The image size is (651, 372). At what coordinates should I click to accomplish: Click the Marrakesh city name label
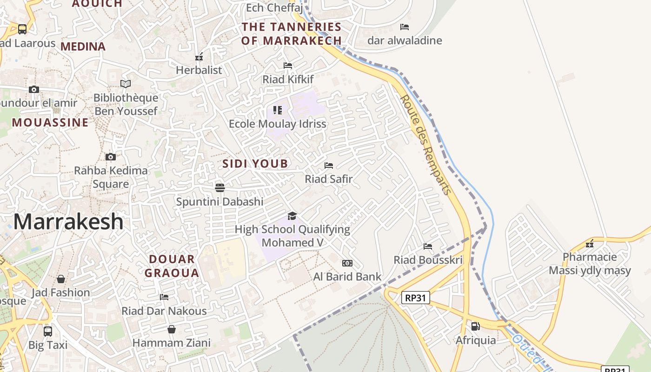tap(68, 222)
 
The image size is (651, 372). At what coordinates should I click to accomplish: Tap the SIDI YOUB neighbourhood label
tap(255, 164)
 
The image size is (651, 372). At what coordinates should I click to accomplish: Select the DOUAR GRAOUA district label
tap(172, 266)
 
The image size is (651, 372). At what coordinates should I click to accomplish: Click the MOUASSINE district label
tap(50, 123)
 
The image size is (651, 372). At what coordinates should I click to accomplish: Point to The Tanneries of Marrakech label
tap(292, 34)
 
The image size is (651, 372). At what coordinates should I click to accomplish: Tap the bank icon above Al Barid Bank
tap(347, 263)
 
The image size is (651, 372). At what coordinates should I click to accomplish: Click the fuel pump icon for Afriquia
tap(475, 326)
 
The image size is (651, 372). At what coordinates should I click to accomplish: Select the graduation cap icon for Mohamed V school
tap(292, 216)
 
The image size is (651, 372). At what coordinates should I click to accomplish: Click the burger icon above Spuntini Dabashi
tap(220, 188)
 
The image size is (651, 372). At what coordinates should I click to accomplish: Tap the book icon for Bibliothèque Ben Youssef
tap(126, 84)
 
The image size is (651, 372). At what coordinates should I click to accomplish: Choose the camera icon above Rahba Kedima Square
tap(111, 157)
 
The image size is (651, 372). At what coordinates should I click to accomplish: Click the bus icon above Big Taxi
tap(48, 332)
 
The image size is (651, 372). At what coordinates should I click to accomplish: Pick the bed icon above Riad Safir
tap(329, 166)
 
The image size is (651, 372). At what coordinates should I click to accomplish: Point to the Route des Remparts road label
tap(425, 144)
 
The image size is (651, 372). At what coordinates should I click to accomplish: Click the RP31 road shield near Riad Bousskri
tap(415, 298)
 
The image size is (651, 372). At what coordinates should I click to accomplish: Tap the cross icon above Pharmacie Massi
tap(590, 244)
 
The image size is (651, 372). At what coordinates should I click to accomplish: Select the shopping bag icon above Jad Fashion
tap(61, 279)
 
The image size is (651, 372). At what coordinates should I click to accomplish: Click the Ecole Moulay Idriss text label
tap(278, 124)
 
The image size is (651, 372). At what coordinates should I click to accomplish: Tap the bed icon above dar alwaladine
tap(405, 27)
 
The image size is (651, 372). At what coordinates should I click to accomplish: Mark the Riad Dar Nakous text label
tap(164, 311)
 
